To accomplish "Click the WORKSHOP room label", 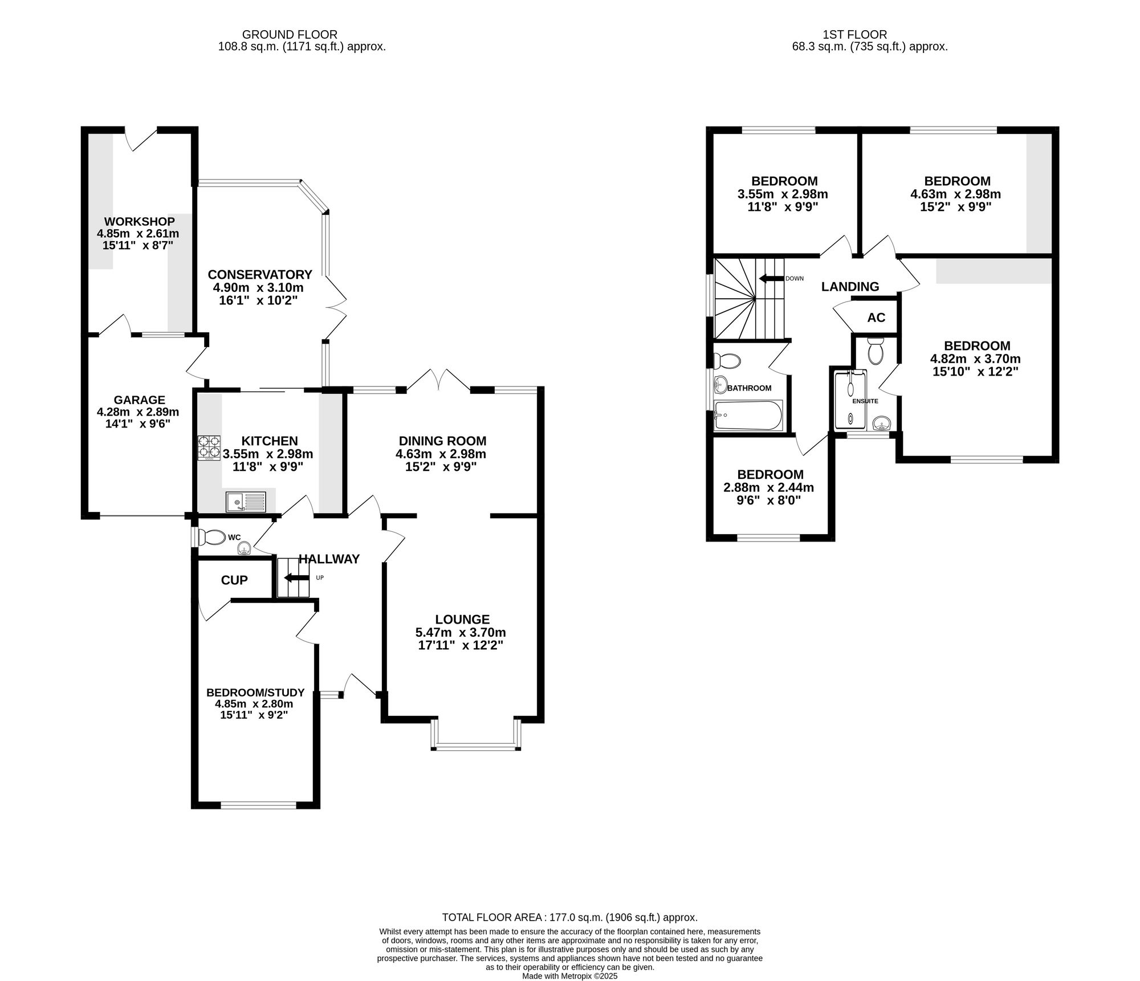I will pyautogui.click(x=139, y=221).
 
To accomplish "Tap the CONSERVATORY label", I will pyautogui.click(x=260, y=274).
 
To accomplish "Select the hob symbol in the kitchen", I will pyautogui.click(x=209, y=447).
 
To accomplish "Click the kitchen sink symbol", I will pyautogui.click(x=246, y=502).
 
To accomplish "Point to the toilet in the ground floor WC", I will pyautogui.click(x=212, y=537).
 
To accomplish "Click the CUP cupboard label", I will pyautogui.click(x=234, y=580).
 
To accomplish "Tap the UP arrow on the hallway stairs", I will pyautogui.click(x=295, y=578).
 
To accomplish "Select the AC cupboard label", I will pyautogui.click(x=876, y=317).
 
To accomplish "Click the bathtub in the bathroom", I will pyautogui.click(x=748, y=416).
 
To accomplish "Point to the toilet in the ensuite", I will pyautogui.click(x=875, y=351).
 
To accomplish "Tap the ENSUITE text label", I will pyautogui.click(x=865, y=401).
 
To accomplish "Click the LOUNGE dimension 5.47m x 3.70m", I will pyautogui.click(x=461, y=633).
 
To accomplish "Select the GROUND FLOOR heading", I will pyautogui.click(x=290, y=35).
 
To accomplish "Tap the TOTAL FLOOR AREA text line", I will pyautogui.click(x=569, y=918).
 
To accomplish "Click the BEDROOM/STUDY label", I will pyautogui.click(x=255, y=693).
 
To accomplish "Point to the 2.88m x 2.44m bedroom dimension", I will pyautogui.click(x=768, y=488).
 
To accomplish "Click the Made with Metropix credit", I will pyautogui.click(x=569, y=976).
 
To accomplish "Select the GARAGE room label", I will pyautogui.click(x=139, y=400).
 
